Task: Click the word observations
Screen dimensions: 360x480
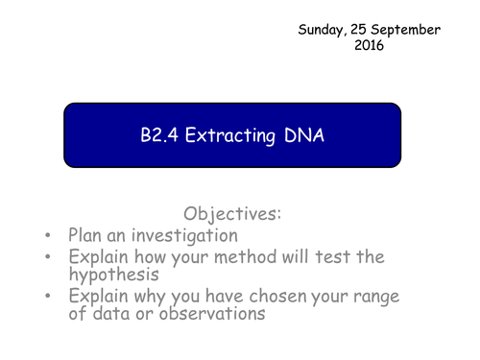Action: point(212,313)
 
